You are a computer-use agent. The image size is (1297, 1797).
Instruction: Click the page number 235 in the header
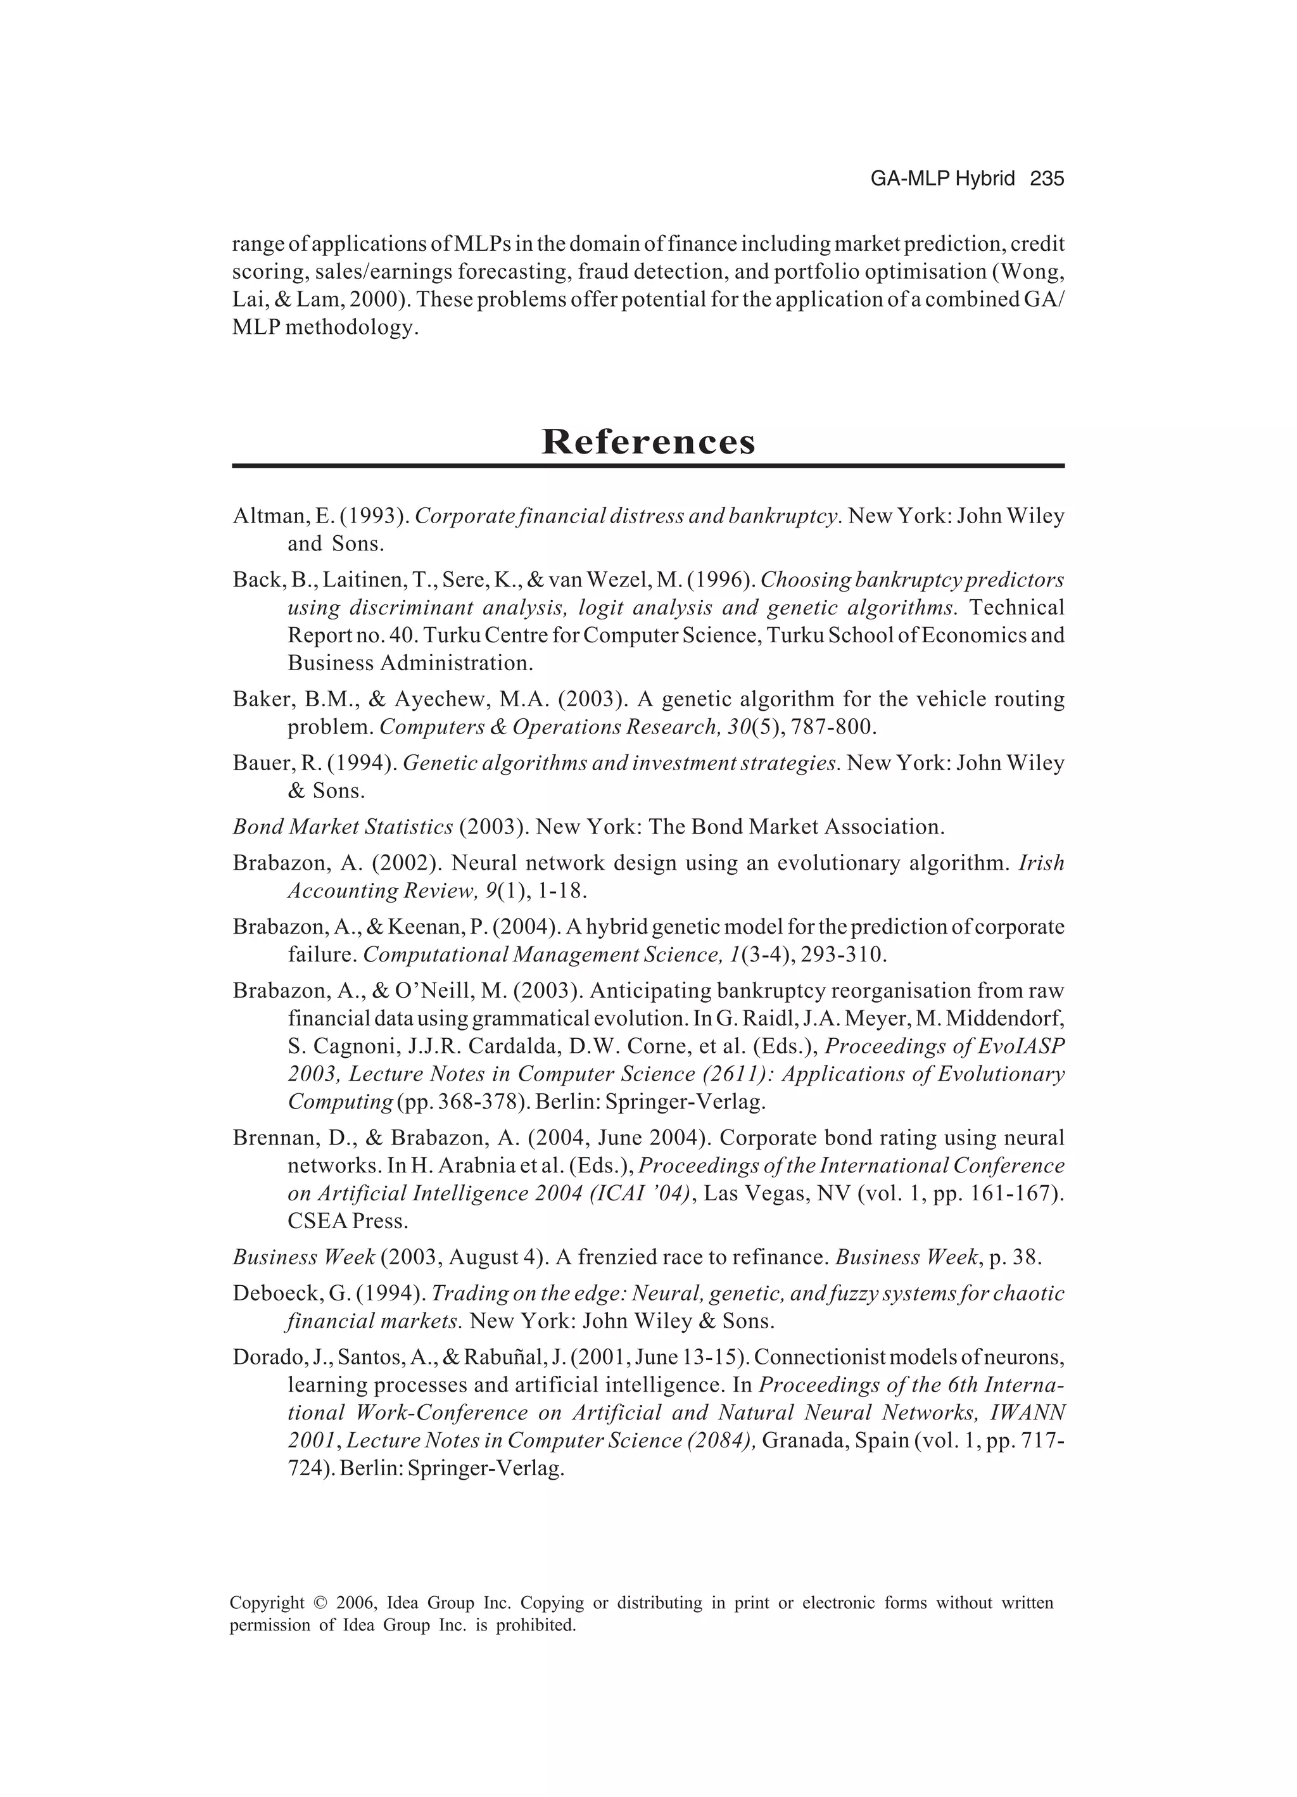pyautogui.click(x=1047, y=179)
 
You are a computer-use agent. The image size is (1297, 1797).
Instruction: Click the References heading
pyautogui.click(x=648, y=441)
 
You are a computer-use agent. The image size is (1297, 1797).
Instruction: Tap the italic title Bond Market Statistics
pyautogui.click(x=342, y=827)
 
